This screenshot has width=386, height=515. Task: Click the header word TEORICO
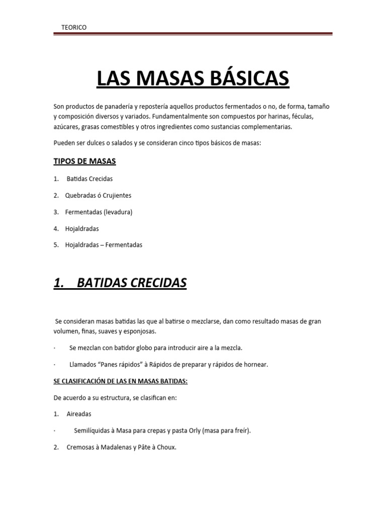[73, 28]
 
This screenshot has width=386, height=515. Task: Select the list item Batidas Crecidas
[89, 179]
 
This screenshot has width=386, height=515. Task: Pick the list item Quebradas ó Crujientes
[98, 195]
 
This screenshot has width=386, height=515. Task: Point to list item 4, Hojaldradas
[82, 228]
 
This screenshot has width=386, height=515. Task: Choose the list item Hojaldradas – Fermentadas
[104, 245]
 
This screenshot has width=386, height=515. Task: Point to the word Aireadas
[79, 414]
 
